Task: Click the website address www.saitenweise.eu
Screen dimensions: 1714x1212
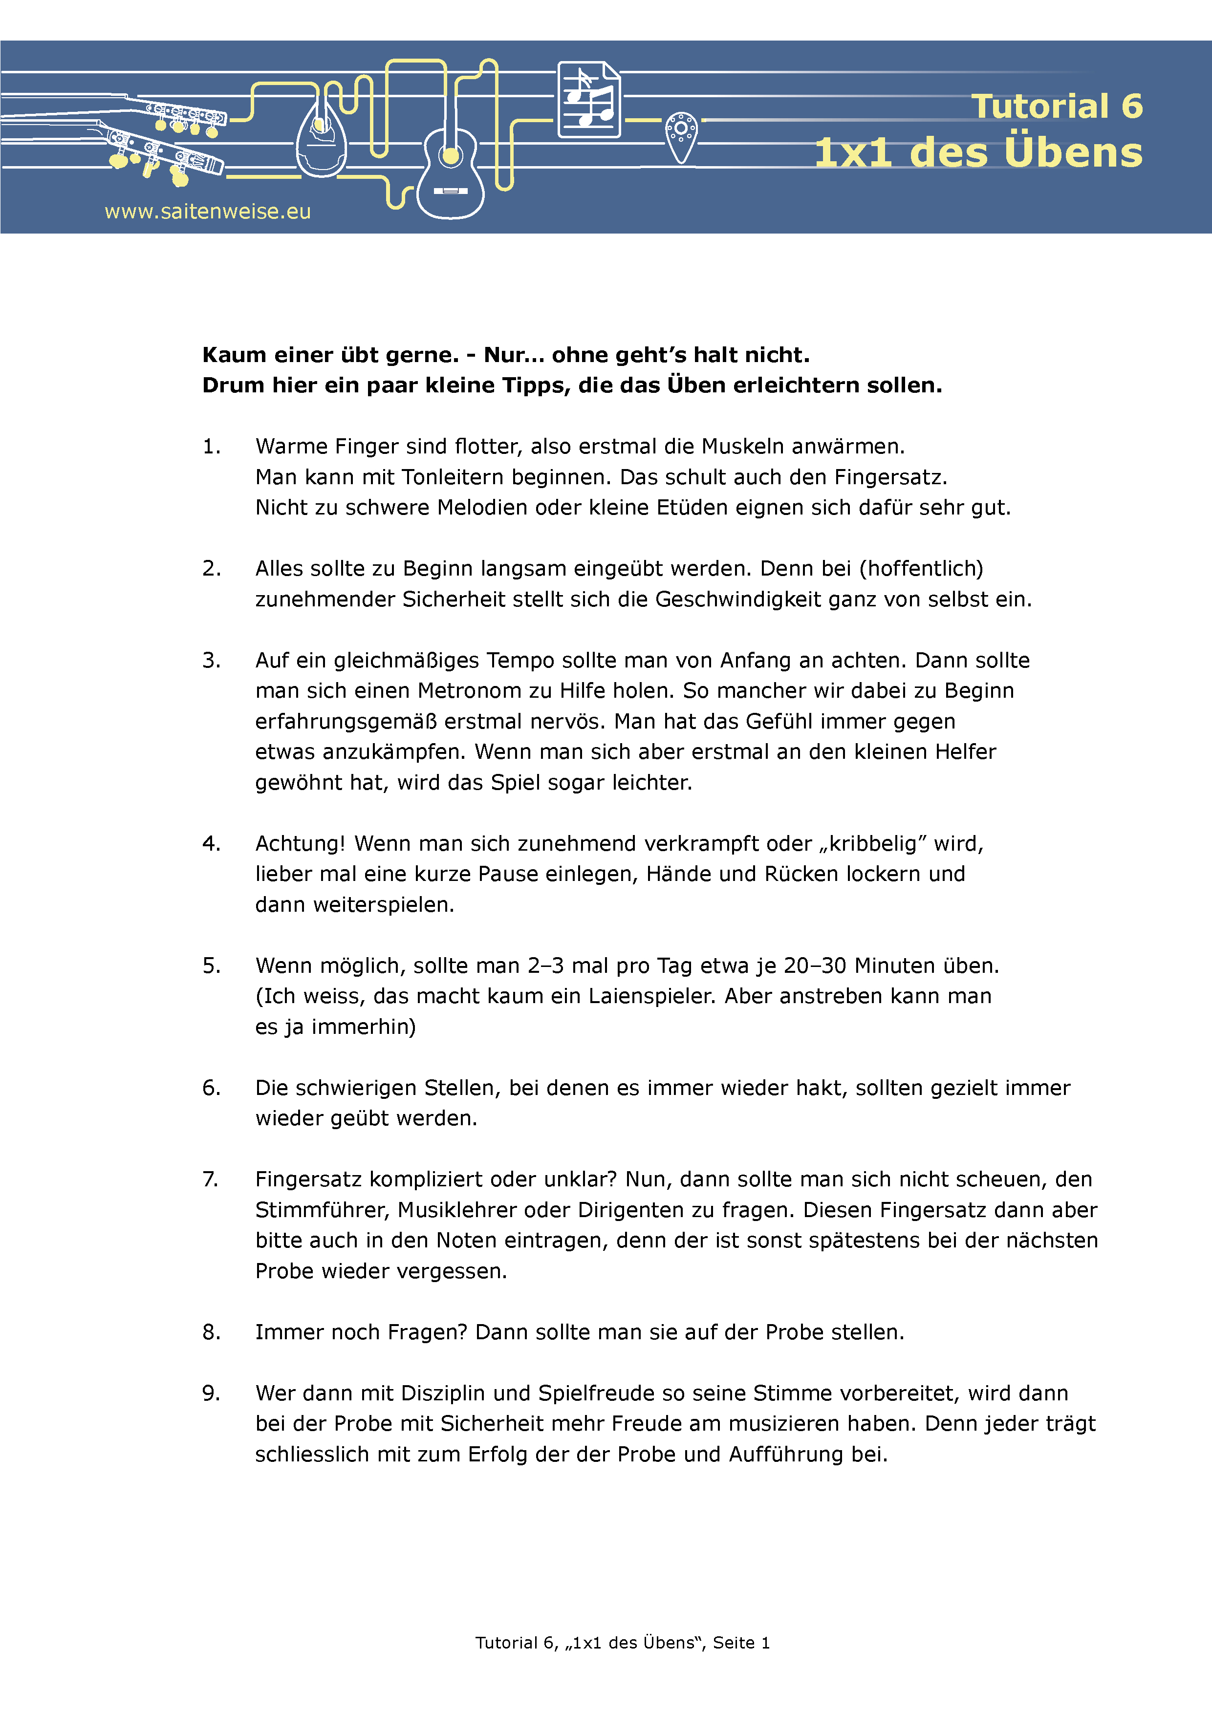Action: [208, 212]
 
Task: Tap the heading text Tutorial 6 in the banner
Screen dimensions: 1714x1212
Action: [1057, 106]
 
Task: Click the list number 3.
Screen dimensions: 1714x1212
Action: [211, 661]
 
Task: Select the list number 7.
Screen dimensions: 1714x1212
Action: [211, 1179]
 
